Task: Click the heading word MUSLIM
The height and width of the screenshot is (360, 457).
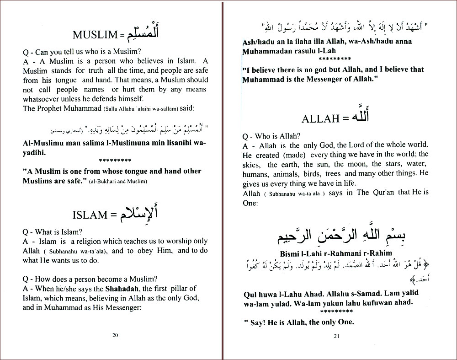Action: click(x=93, y=35)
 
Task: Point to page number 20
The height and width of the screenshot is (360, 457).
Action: click(x=115, y=335)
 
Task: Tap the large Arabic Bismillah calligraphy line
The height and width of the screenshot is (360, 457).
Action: click(x=336, y=236)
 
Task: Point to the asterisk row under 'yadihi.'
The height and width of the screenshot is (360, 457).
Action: click(x=115, y=161)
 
